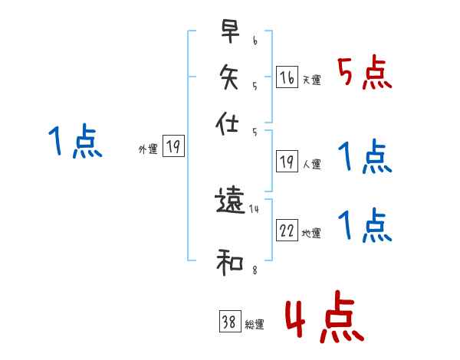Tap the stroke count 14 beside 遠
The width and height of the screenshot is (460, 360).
click(x=255, y=208)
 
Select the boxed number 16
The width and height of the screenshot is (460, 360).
click(x=287, y=77)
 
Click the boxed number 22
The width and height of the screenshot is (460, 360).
click(x=287, y=231)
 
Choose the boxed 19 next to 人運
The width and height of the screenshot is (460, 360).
click(x=287, y=162)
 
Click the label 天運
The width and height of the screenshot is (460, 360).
click(x=311, y=80)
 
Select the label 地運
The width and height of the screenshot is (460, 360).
click(x=311, y=233)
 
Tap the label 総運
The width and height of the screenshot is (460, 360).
click(x=255, y=324)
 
